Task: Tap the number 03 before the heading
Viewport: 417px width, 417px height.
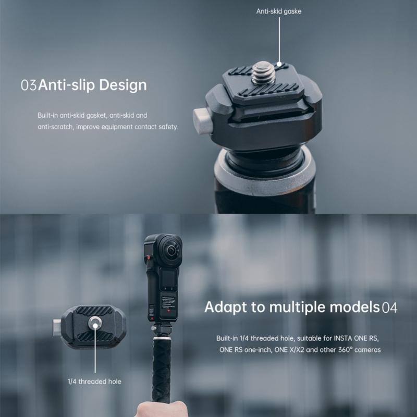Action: [x=28, y=85]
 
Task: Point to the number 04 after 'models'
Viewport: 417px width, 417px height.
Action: [x=389, y=307]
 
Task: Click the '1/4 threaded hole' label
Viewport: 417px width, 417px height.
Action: [x=94, y=382]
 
